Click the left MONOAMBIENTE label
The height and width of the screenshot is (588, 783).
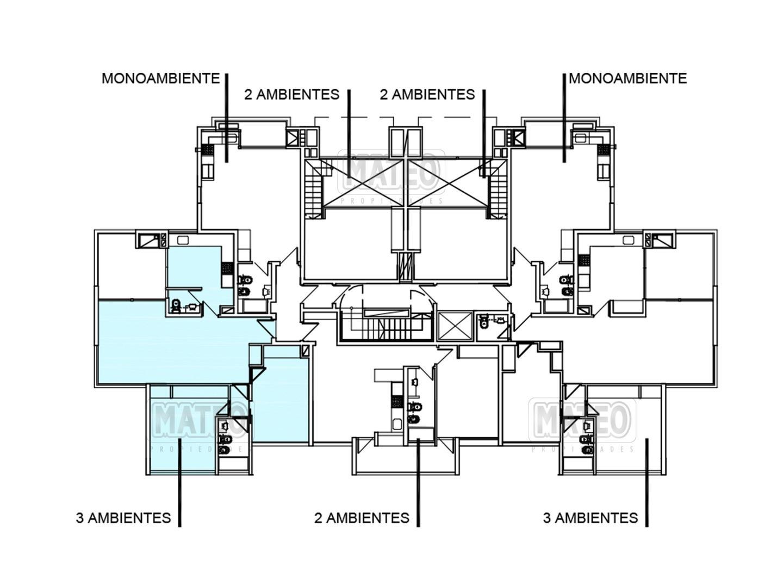(160, 78)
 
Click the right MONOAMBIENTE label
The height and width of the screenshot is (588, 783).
(627, 78)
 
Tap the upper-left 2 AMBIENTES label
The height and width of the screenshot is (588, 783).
(292, 95)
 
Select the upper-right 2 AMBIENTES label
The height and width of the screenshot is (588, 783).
(427, 95)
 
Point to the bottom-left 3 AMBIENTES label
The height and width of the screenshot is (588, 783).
(123, 518)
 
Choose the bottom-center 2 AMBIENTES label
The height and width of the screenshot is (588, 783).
(362, 518)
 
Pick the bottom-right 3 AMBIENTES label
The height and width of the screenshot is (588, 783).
(591, 518)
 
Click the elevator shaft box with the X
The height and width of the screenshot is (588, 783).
(456, 326)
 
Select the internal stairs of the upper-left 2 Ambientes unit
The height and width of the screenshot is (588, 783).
(314, 191)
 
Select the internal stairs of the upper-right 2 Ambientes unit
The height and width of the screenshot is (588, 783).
(498, 191)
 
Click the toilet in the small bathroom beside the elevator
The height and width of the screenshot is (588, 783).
(484, 322)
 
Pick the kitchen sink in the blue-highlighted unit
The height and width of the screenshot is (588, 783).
(183, 240)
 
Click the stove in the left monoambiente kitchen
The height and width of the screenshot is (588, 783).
(208, 149)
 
